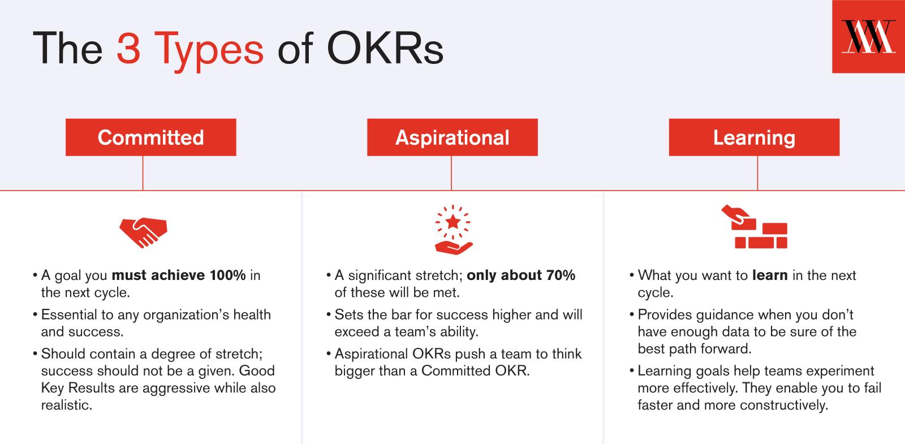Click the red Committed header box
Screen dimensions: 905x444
point(150,137)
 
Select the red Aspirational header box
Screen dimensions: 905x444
point(452,137)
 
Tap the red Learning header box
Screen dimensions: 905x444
point(754,137)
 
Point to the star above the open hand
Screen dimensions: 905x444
point(453,222)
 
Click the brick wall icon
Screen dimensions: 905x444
point(755,227)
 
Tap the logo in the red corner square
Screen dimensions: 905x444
point(868,37)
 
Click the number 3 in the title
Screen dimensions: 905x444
point(128,49)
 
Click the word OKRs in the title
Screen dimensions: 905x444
point(385,49)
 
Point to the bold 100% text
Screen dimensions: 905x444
point(227,275)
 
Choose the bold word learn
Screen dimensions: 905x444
point(770,275)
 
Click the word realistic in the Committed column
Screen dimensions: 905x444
point(67,405)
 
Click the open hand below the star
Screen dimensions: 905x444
point(454,248)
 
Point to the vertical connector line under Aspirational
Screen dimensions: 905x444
point(451,173)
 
